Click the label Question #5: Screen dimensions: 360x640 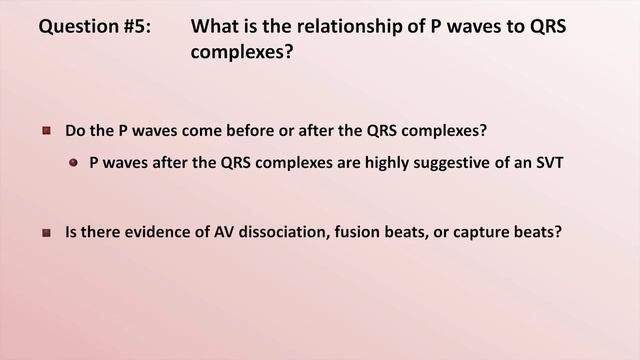coord(96,26)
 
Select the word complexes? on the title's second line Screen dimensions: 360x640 coord(242,51)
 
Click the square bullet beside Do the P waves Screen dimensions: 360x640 coord(46,131)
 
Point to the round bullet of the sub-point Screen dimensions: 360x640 coord(74,161)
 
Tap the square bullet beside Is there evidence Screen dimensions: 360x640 coord(46,233)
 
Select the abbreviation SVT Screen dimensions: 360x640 coord(549,161)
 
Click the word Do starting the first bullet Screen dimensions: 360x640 coord(75,131)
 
